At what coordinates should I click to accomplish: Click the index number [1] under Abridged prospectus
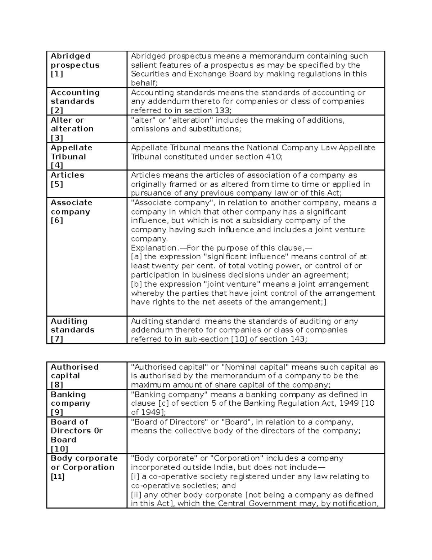pos(57,74)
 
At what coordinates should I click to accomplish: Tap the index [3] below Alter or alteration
pos(57,138)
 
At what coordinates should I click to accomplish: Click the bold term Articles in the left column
pos(67,175)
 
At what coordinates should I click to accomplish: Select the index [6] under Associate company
pos(57,221)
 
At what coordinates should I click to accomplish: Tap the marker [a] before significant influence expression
pos(136,257)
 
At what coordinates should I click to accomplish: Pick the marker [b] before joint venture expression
pos(136,284)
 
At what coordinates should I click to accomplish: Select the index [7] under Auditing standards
pos(57,339)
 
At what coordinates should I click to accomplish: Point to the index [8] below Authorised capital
pos(57,385)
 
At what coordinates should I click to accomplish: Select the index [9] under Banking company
pos(57,413)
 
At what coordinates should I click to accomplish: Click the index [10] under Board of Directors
pos(59,449)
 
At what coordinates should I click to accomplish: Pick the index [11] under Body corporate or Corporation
pos(58,477)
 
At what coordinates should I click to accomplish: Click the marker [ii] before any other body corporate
pos(136,495)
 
